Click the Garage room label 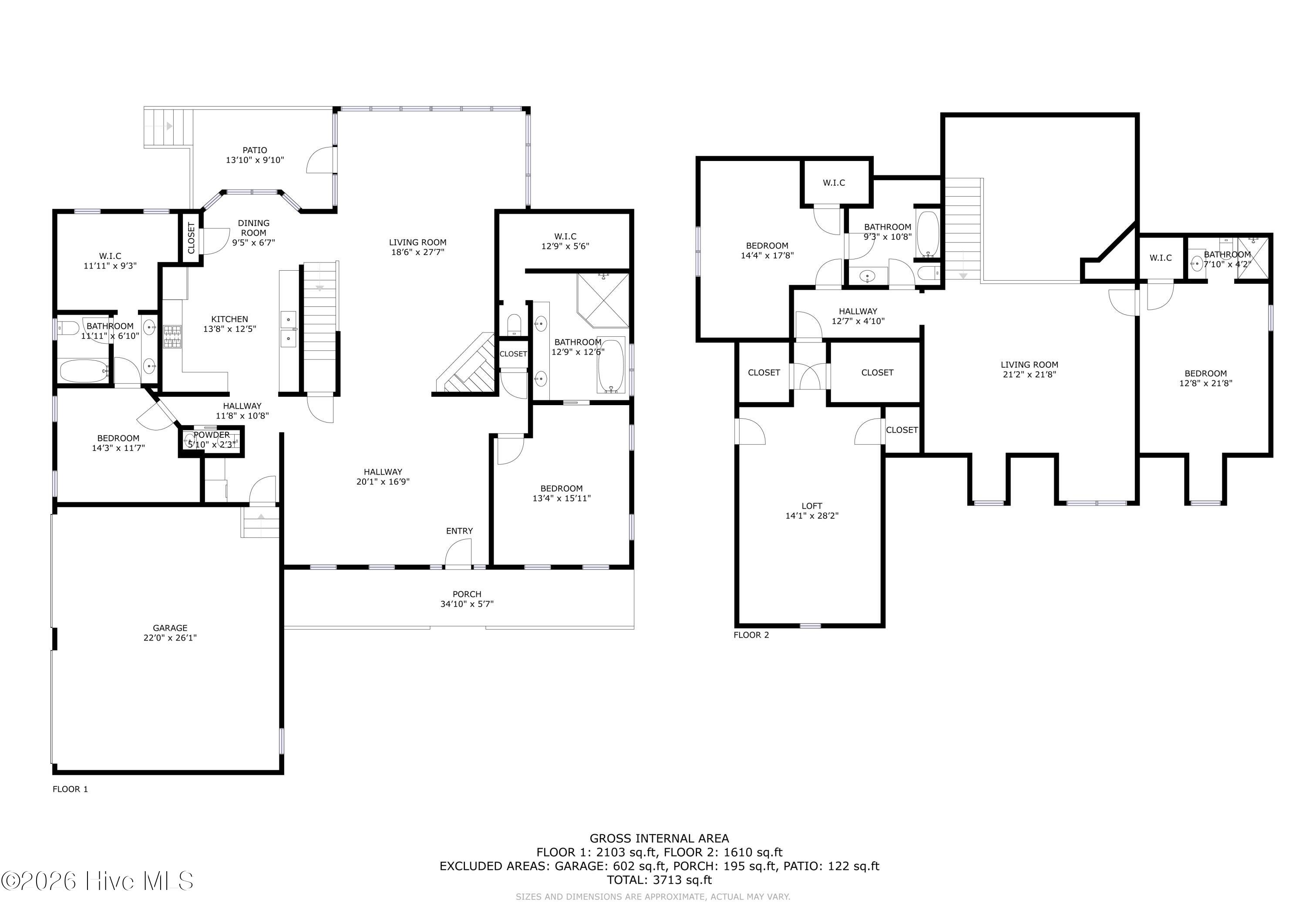pyautogui.click(x=170, y=628)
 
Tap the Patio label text pyautogui.click(x=255, y=150)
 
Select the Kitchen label pyautogui.click(x=230, y=319)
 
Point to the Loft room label pyautogui.click(x=812, y=506)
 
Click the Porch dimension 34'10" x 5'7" pyautogui.click(x=467, y=604)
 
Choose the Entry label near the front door pyautogui.click(x=460, y=530)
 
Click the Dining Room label pyautogui.click(x=254, y=228)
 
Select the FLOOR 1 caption pyautogui.click(x=71, y=789)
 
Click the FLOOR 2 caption pyautogui.click(x=751, y=634)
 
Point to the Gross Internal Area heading pyautogui.click(x=659, y=838)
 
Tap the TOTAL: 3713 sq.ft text pyautogui.click(x=659, y=880)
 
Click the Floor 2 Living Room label pyautogui.click(x=1030, y=365)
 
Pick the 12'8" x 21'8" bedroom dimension pyautogui.click(x=1206, y=383)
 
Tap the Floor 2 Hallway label pyautogui.click(x=858, y=311)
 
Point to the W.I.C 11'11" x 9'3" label pyautogui.click(x=110, y=261)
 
